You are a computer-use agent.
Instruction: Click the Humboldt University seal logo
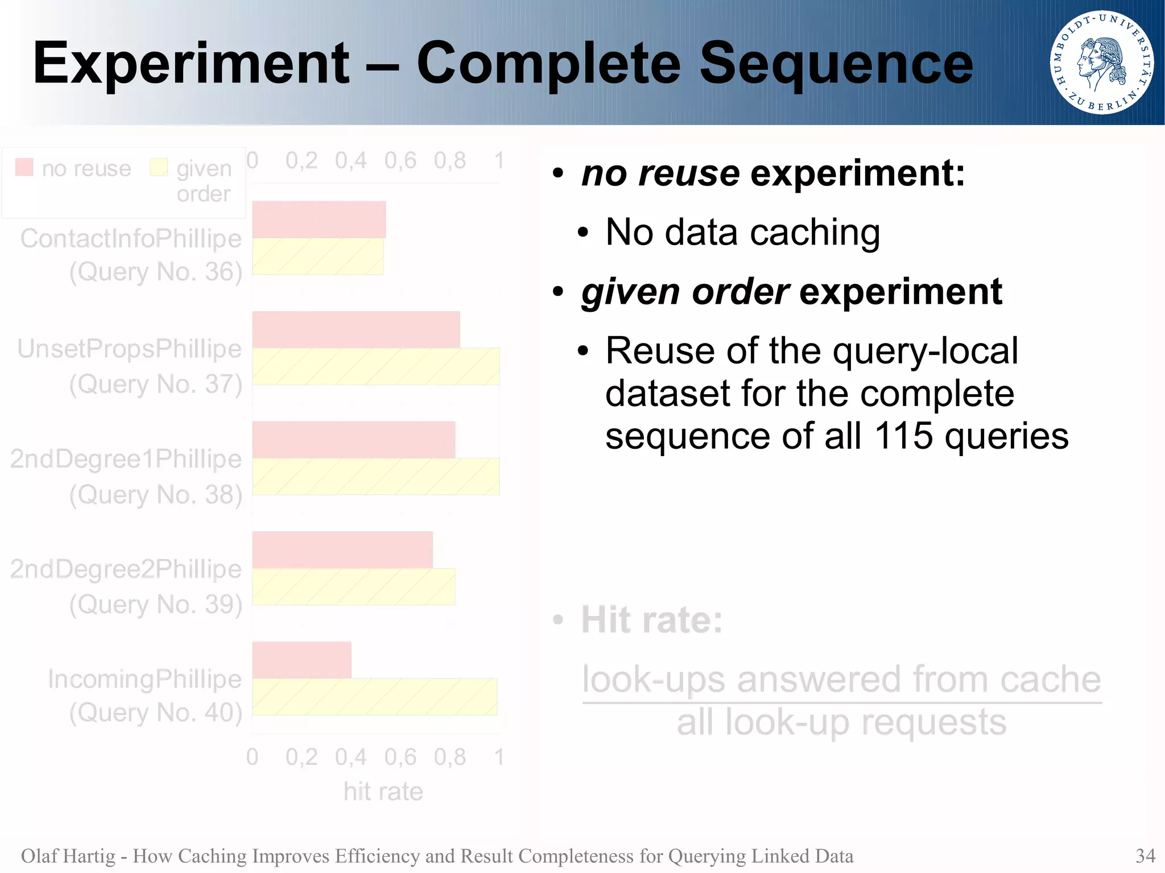pos(1101,62)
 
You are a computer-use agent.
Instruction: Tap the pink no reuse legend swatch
pos(24,167)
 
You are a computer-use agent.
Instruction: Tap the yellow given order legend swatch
pos(159,167)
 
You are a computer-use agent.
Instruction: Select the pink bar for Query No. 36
pos(319,220)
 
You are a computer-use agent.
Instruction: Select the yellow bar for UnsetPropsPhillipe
pos(375,366)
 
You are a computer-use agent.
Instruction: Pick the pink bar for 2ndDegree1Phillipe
pos(353,440)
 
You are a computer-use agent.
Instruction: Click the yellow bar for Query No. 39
pos(353,586)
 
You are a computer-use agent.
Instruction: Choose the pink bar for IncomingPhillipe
pos(301,660)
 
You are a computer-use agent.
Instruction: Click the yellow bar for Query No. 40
pos(374,697)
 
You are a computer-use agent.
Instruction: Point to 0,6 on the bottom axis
pos(400,757)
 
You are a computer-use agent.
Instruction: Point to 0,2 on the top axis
pos(301,161)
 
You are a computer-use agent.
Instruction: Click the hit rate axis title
pos(383,791)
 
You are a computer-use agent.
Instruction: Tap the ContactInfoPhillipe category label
pos(131,238)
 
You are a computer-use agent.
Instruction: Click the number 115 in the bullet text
pos(903,436)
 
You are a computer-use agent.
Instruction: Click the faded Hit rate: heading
pos(651,619)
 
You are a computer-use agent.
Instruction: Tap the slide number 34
pos(1145,855)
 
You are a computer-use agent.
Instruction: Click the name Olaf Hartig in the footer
pos(68,855)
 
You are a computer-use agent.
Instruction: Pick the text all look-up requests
pos(841,722)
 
